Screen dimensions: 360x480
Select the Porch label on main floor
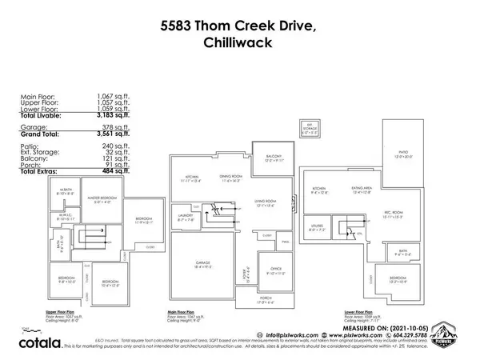click(x=265, y=301)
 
